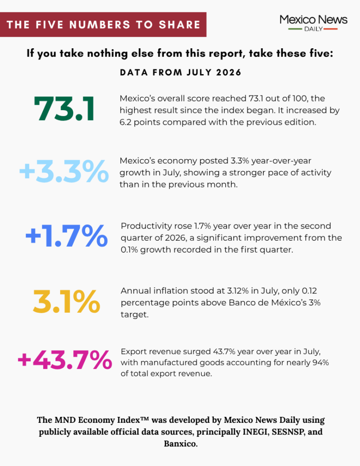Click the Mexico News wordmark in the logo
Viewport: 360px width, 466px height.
coord(313,20)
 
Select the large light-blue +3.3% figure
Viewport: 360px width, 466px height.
coord(64,171)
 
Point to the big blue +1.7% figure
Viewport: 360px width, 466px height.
coord(66,236)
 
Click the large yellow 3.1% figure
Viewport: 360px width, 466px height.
coord(66,301)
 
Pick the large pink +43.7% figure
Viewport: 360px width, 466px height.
coord(65,360)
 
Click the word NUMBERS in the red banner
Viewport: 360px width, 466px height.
coord(100,25)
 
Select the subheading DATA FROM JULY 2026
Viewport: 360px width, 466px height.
coord(180,72)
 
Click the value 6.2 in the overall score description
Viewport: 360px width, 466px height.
coord(125,122)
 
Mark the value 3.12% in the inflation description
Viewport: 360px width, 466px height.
coord(238,291)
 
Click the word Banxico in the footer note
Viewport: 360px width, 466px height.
coord(180,444)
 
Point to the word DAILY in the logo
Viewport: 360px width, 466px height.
coord(313,29)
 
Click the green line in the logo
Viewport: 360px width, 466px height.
coord(295,29)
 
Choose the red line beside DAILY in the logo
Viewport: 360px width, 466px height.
coord(330,29)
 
